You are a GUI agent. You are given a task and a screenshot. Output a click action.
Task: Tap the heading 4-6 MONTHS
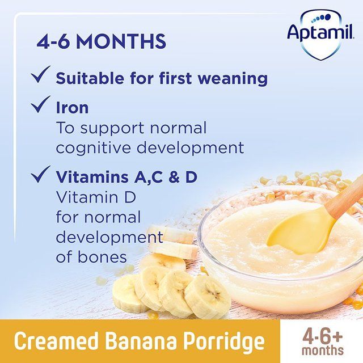click(x=102, y=41)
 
